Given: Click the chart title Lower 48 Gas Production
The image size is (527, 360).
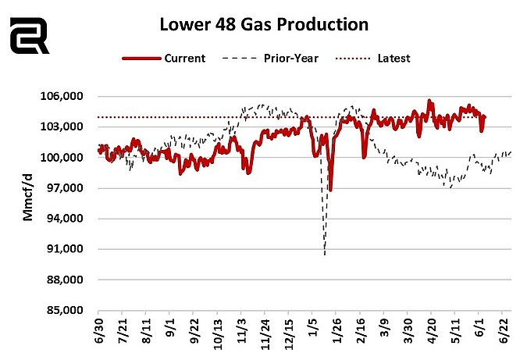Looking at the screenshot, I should (x=264, y=24).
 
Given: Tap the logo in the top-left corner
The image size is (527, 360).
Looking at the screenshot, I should (x=29, y=37).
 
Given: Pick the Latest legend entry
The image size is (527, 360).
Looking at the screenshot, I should (x=372, y=58).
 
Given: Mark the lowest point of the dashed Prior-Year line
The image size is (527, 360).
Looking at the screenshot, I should (x=324, y=254).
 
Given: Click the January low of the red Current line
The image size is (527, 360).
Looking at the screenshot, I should (x=330, y=190).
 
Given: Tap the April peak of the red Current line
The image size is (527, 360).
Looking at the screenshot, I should (x=429, y=101).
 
